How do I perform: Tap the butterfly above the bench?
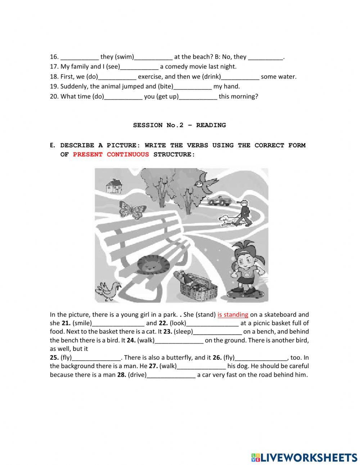coord(132,210)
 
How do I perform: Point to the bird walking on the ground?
coord(108,290)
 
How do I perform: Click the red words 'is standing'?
coord(233,314)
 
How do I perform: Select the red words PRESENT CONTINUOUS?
coord(111,154)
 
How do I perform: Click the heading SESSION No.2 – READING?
coord(179,125)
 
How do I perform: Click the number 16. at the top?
coord(54,57)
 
